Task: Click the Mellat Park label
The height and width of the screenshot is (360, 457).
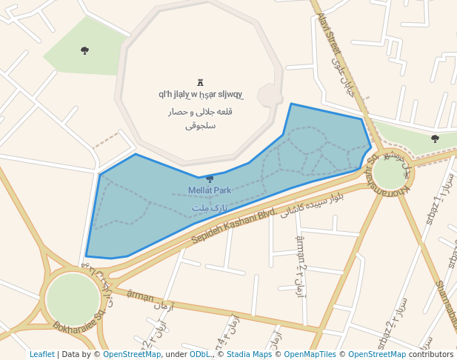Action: (210, 190)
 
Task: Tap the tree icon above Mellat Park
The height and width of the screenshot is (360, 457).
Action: (210, 179)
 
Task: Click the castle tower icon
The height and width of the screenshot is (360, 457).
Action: (200, 82)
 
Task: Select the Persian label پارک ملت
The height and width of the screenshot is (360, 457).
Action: (210, 207)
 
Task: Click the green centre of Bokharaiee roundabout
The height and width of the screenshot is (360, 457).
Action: (73, 299)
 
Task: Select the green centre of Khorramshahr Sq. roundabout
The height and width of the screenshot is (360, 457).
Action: (390, 173)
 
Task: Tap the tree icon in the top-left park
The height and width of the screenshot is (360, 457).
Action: (84, 50)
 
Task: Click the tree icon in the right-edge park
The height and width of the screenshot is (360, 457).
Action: (435, 139)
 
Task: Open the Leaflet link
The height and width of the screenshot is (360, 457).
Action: (42, 354)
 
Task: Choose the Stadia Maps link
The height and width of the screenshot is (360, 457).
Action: (249, 354)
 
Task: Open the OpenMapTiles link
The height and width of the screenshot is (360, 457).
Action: (311, 354)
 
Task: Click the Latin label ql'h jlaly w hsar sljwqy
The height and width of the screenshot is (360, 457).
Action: (201, 94)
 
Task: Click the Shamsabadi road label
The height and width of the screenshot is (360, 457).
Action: (447, 304)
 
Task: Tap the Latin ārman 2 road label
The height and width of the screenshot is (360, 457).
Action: (300, 252)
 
